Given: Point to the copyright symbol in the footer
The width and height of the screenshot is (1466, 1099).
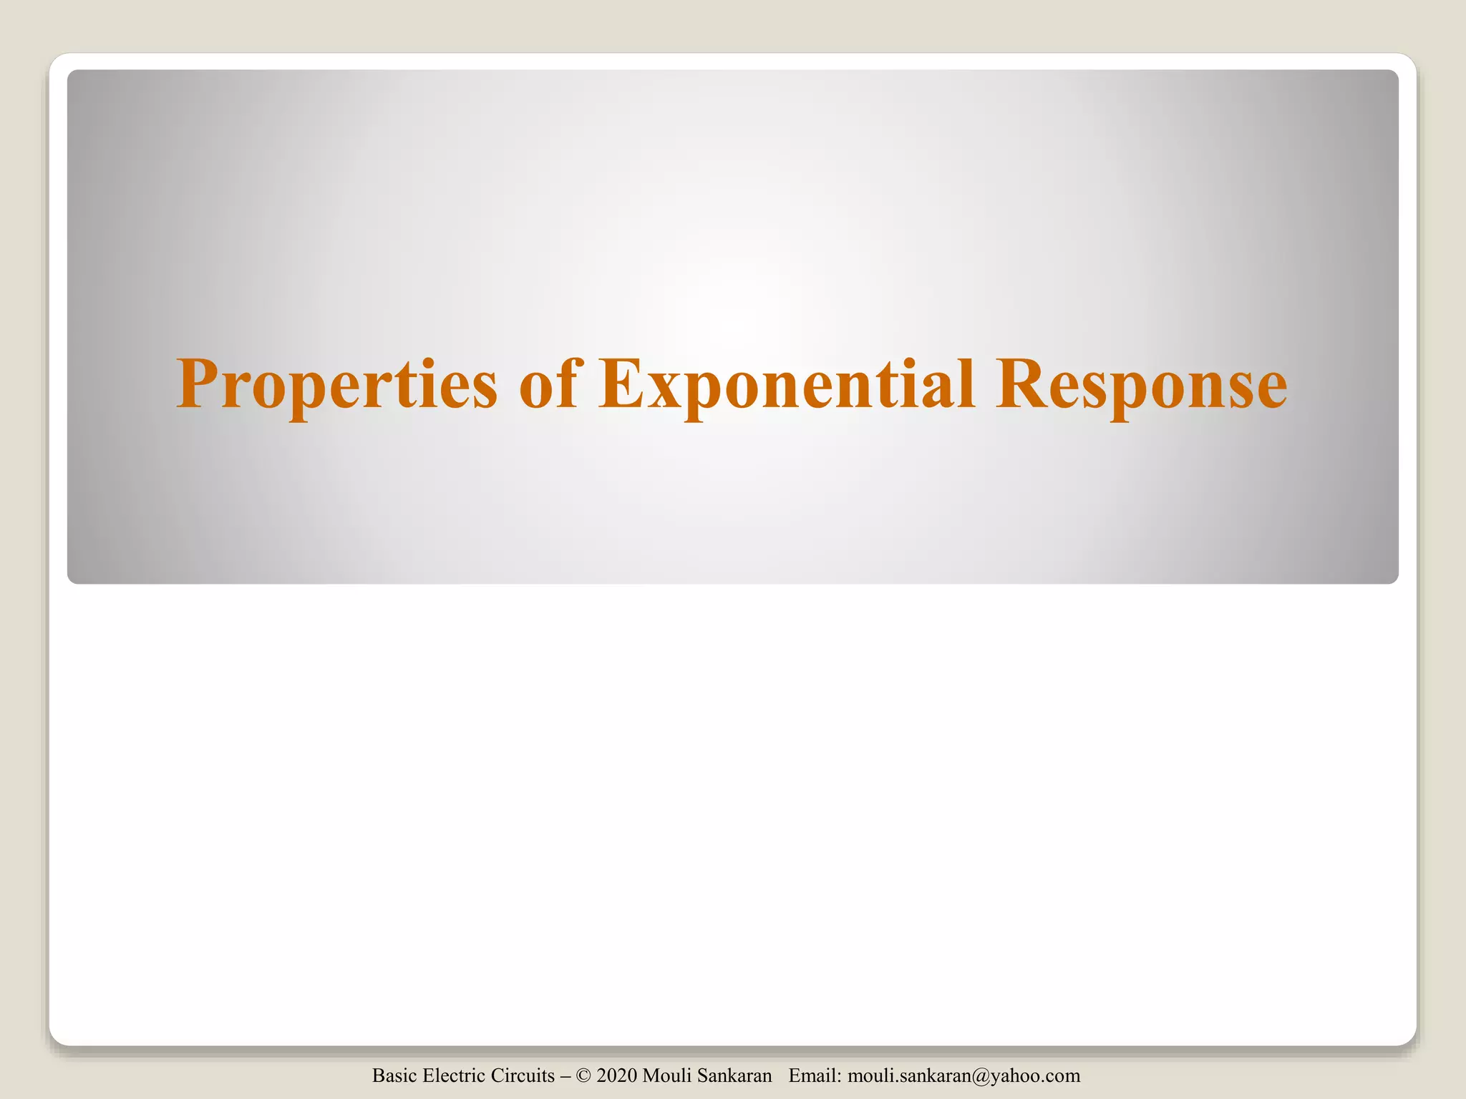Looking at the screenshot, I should tap(583, 1076).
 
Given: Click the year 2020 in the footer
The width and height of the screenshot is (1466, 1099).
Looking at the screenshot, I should tap(616, 1075).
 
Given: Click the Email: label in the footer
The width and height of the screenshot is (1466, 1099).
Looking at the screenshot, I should tap(815, 1075).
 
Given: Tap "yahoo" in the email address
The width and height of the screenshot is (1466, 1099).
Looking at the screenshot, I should tap(1013, 1076).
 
